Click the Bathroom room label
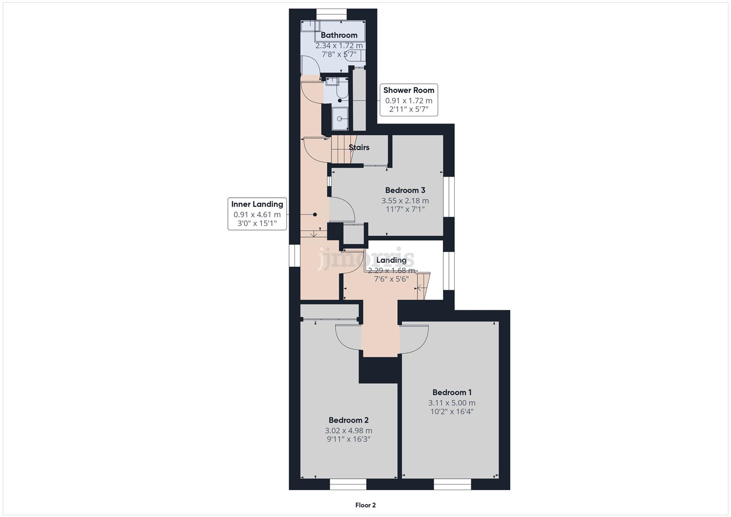point(339,35)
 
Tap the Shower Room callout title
point(408,90)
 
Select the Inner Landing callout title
point(257,204)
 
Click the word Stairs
point(359,147)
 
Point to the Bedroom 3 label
point(405,190)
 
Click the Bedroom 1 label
point(452,392)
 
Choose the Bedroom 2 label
point(349,420)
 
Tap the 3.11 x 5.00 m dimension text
point(452,403)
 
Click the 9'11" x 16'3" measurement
point(349,439)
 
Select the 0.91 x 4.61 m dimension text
point(257,214)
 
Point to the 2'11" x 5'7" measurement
point(408,109)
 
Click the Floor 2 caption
point(365,505)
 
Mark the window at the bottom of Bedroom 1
point(452,484)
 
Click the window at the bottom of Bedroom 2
point(348,484)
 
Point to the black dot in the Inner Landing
point(315,214)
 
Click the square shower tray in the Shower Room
point(340,118)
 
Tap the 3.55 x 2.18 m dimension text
point(405,201)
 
